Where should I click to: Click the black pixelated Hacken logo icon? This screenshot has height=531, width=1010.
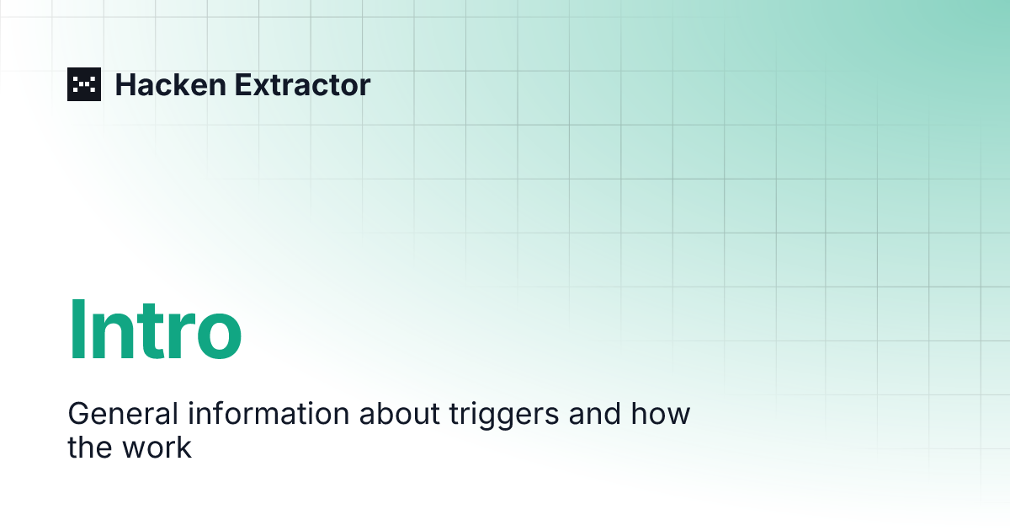[84, 84]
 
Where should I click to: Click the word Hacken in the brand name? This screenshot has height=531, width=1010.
[170, 85]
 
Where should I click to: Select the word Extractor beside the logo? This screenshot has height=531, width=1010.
[302, 85]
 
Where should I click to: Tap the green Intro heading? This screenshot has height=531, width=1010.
[155, 330]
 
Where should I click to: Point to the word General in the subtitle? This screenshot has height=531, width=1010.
[123, 413]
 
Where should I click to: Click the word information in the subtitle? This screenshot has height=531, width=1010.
[268, 413]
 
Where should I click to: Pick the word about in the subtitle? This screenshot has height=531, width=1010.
[400, 413]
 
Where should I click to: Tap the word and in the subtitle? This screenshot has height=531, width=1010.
[595, 413]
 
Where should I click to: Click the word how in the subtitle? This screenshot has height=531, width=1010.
[660, 413]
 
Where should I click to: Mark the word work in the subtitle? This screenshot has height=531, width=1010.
[157, 447]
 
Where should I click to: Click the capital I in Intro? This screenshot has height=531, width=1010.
[75, 330]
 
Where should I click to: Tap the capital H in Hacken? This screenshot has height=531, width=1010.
[125, 85]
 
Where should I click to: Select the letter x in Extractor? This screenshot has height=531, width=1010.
[263, 88]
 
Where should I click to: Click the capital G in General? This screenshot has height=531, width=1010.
[79, 413]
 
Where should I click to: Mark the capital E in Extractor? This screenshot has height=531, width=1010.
[243, 85]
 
